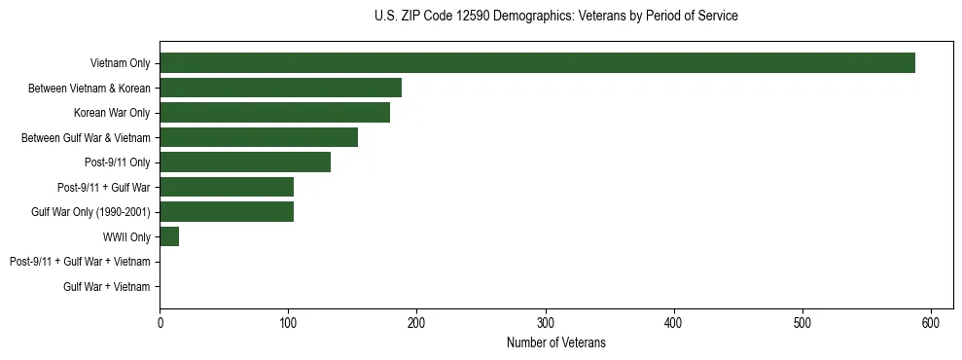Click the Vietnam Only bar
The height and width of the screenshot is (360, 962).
click(x=537, y=63)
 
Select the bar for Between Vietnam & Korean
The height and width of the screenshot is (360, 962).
click(x=280, y=89)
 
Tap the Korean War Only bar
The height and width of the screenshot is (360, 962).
click(x=274, y=113)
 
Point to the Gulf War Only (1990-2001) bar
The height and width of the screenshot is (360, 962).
click(x=227, y=212)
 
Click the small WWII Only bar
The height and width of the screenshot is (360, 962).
click(x=169, y=236)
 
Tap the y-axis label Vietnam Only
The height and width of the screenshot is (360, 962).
click(x=120, y=64)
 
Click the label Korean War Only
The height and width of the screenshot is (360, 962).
click(x=112, y=113)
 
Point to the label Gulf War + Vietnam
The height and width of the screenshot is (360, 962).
click(x=107, y=287)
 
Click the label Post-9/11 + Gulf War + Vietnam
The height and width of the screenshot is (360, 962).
click(x=80, y=262)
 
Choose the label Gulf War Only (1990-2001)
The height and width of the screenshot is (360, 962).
click(x=90, y=212)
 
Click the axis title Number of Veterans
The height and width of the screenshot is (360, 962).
click(x=555, y=342)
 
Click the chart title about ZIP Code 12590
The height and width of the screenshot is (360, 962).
click(x=555, y=17)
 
